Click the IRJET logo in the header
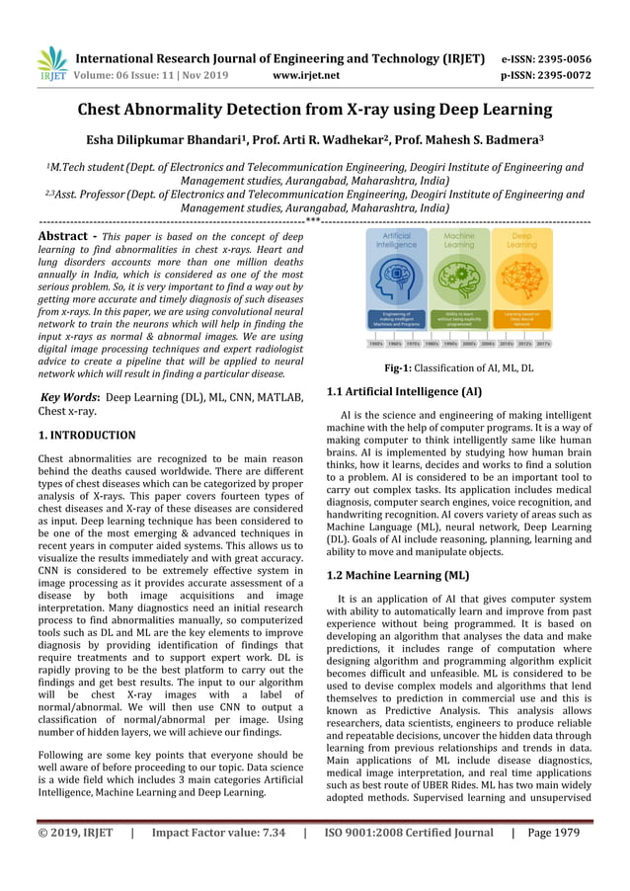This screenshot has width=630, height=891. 51,64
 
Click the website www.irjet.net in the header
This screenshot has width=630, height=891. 306,74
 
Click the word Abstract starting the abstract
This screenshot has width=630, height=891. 68,237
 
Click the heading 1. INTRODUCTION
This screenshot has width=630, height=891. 87,435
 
